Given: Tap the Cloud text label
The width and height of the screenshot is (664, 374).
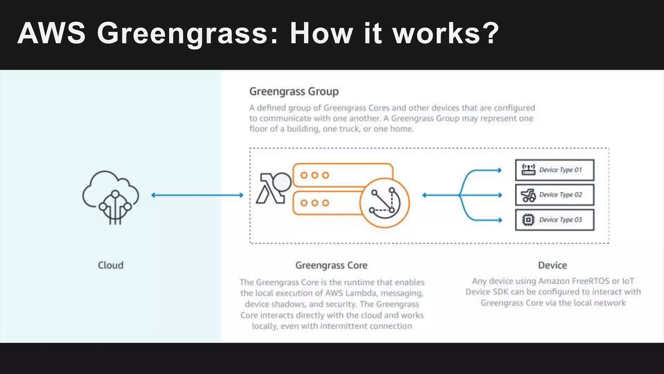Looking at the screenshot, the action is (111, 265).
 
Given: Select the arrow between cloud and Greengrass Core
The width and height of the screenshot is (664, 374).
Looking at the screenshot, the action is (197, 195).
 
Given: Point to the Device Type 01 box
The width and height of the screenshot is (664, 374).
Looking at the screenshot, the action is (554, 170).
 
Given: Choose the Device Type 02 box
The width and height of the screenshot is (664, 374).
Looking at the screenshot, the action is (554, 195).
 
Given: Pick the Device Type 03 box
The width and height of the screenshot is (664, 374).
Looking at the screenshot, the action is (554, 220).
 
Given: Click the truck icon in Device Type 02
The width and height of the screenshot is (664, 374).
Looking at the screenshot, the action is (528, 195).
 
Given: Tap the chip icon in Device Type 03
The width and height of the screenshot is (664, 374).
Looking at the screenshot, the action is (528, 220).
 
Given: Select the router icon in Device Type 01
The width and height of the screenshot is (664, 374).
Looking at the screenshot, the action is (528, 169).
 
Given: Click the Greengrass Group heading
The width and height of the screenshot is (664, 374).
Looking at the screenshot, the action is (294, 92).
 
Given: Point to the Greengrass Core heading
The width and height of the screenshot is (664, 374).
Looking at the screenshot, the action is (331, 265).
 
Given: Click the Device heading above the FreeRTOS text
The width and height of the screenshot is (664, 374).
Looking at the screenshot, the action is (552, 265).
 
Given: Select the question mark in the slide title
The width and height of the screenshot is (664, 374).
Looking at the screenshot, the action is (490, 33).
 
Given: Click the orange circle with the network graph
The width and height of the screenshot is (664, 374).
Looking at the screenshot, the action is (385, 203).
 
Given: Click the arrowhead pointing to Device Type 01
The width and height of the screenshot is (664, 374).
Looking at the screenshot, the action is (499, 170).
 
